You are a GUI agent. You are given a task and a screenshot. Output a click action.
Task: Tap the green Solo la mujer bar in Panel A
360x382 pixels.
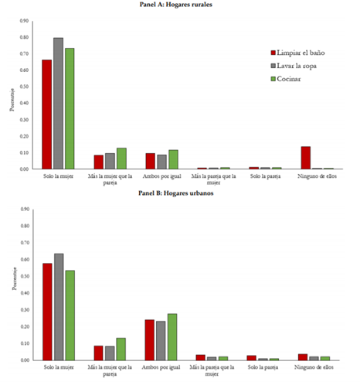[x=70, y=108]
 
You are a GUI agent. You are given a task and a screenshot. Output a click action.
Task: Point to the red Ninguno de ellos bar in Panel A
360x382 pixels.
[x=305, y=157]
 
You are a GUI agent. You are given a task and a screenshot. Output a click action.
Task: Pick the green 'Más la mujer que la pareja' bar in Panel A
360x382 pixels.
[x=121, y=158]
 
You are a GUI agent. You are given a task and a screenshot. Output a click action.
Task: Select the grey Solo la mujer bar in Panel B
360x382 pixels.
[x=58, y=306]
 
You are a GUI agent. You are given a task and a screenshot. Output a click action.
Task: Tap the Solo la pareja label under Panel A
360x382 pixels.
[x=265, y=174]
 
